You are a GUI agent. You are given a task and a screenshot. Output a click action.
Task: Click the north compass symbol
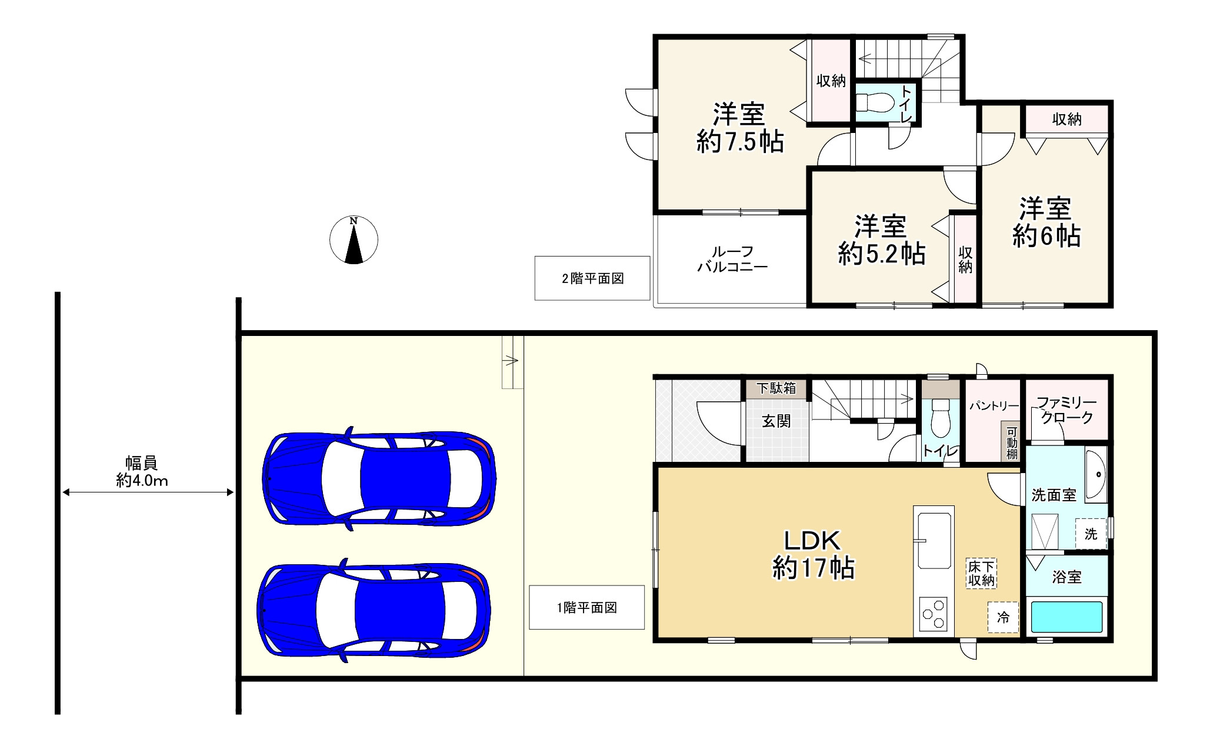click(x=354, y=239)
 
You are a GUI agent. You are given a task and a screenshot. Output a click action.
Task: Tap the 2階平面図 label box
click(x=592, y=278)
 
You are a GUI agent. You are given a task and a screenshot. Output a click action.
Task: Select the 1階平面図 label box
click(x=587, y=608)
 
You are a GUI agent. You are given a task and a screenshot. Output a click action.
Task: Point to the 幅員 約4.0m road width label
click(x=142, y=472)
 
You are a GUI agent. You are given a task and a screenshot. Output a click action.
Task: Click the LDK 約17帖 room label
click(x=813, y=554)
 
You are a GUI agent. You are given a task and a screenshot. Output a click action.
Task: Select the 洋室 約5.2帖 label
click(x=881, y=240)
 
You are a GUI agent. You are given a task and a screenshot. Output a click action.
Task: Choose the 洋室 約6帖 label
click(x=1046, y=222)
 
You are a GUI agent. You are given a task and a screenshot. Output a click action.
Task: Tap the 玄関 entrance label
click(x=776, y=421)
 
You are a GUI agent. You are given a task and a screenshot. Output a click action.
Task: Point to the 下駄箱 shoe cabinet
click(x=776, y=389)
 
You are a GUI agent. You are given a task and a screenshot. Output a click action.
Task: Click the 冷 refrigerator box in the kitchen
click(x=1003, y=617)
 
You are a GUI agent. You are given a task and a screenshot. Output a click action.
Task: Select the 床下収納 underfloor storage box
click(x=981, y=574)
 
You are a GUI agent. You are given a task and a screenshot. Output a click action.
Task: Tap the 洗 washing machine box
click(x=1091, y=534)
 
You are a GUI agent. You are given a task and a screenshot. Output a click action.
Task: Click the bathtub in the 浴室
click(x=1066, y=617)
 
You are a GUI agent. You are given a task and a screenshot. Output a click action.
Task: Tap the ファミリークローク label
click(x=1066, y=410)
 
